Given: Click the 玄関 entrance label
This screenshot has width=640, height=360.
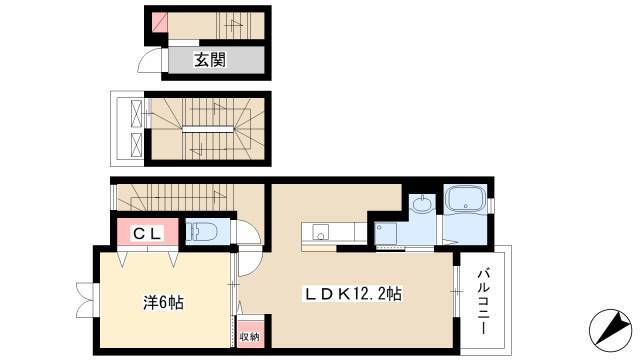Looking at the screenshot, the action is click(209, 60).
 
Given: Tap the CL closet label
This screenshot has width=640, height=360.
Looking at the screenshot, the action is click(147, 233).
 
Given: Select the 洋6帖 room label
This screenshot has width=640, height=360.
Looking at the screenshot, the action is click(163, 302).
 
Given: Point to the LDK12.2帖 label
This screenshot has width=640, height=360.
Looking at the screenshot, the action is click(352, 293).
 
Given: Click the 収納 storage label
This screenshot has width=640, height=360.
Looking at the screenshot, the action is click(249, 337).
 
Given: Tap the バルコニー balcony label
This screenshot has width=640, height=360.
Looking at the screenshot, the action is click(483, 301).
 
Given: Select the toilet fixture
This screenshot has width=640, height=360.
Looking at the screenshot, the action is click(201, 232).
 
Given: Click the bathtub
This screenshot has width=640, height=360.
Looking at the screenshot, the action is click(465, 200).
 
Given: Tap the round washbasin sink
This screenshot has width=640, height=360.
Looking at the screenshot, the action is click(421, 203).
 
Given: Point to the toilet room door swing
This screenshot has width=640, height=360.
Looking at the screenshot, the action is click(247, 232).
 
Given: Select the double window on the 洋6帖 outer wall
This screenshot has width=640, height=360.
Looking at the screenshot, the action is click(85, 300).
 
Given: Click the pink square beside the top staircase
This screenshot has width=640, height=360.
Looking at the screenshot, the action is click(160, 21).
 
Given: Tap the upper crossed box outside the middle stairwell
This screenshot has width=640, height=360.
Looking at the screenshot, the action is click(136, 113).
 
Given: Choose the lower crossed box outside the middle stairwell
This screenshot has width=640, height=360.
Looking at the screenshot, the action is click(136, 146).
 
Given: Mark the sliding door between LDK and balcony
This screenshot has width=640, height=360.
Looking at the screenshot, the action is click(457, 292).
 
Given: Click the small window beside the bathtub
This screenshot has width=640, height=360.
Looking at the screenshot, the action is click(491, 204).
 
